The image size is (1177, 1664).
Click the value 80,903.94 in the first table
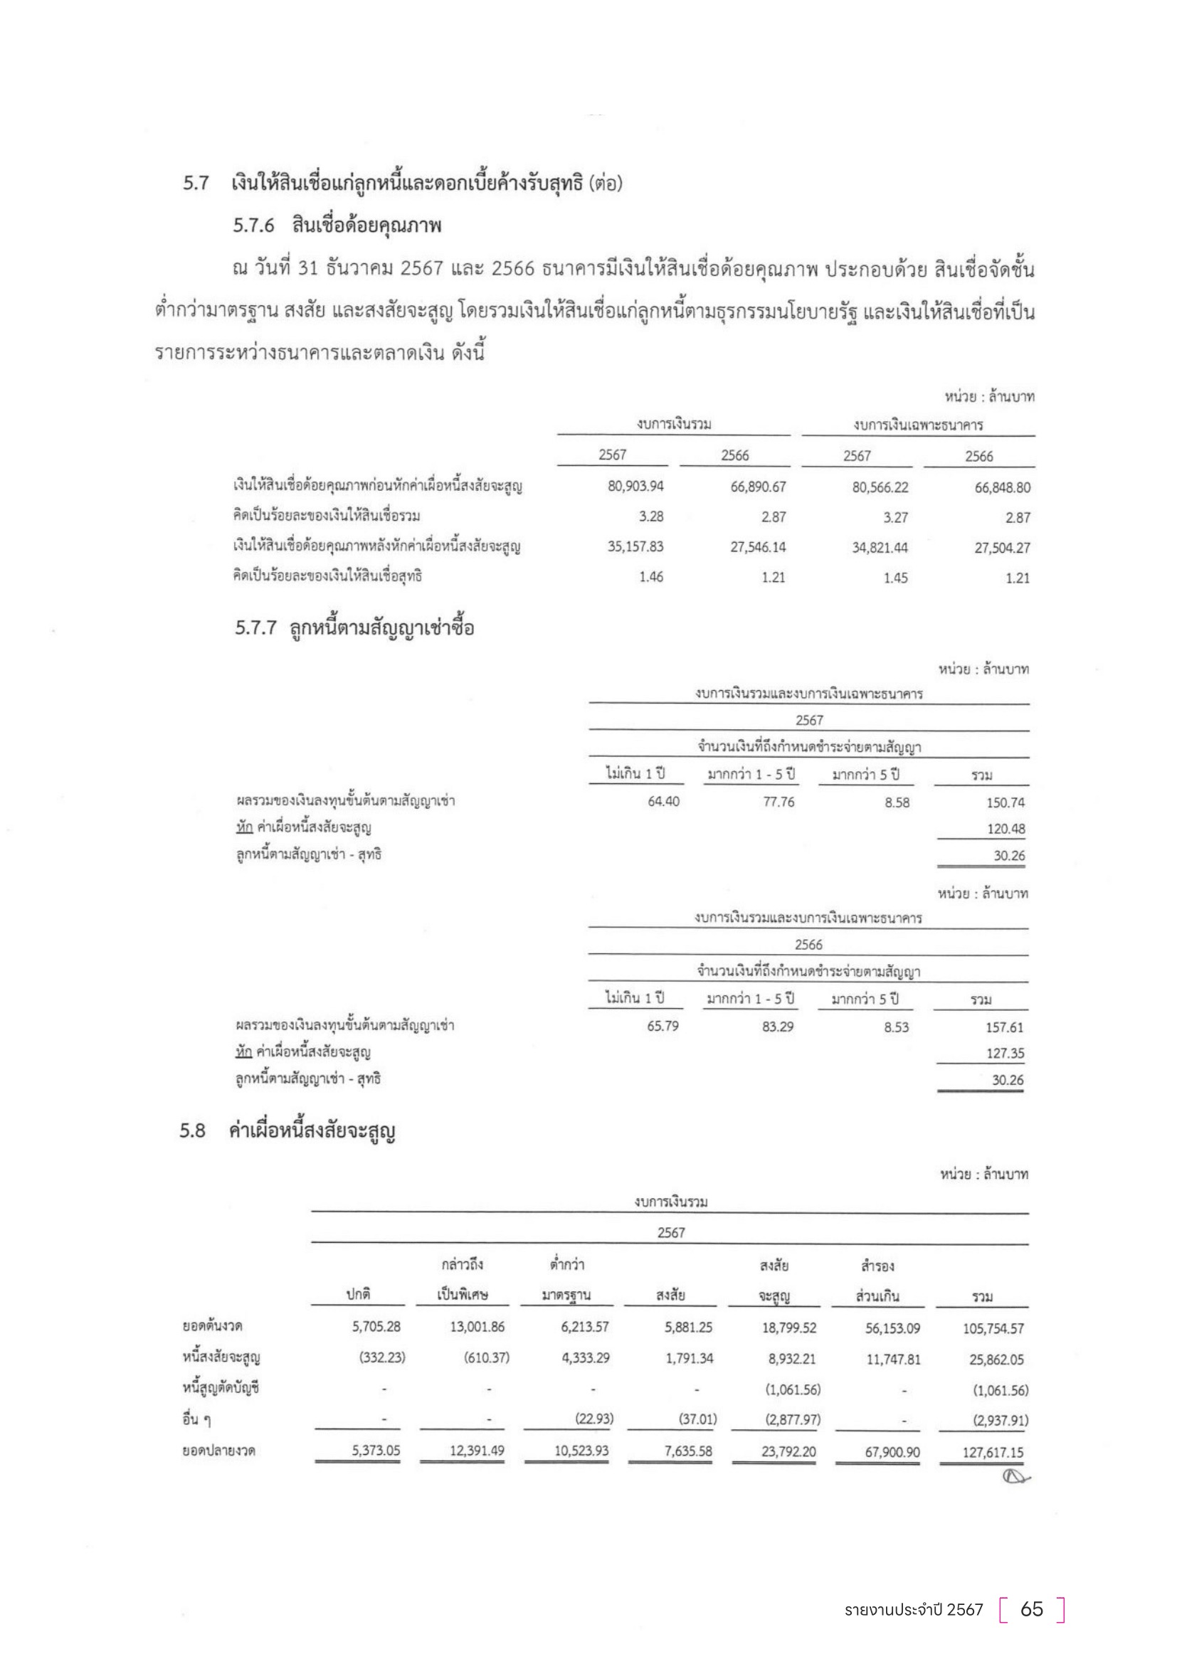[x=635, y=487]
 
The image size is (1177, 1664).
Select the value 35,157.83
[x=635, y=546]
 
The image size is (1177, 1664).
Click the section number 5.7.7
[x=255, y=627]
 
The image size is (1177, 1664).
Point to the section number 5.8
[x=193, y=1130]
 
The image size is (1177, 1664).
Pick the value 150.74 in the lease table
[x=1006, y=802]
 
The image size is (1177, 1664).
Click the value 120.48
[x=1006, y=828]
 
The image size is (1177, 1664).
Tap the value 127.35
[x=1006, y=1053]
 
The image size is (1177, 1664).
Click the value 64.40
[x=663, y=802]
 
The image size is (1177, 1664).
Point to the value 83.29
[x=778, y=1027]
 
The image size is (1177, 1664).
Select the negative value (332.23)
[x=382, y=1357]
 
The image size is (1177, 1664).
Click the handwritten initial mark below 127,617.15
[x=1014, y=1475]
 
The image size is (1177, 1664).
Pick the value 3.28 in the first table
[x=651, y=516]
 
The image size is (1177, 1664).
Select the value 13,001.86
[x=477, y=1327]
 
